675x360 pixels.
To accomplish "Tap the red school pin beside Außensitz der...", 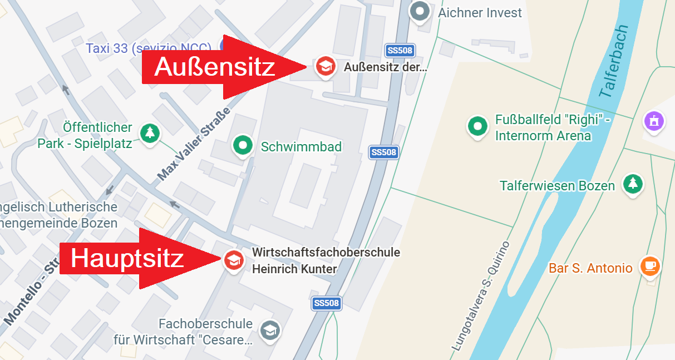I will (x=324, y=66).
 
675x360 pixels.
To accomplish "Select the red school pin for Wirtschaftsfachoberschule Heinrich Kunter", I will (x=233, y=260).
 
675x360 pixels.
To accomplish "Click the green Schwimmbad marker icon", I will (x=242, y=146).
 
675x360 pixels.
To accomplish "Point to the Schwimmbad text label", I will (x=301, y=147).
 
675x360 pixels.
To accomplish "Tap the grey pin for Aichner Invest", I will (x=420, y=12).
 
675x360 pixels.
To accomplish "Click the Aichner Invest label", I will (x=480, y=12).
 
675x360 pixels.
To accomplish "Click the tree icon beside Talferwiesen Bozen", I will (x=632, y=184).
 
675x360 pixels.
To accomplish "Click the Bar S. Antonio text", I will (x=590, y=268).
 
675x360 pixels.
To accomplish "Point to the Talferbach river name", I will (x=614, y=61).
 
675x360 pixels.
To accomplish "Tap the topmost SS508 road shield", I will (x=399, y=51).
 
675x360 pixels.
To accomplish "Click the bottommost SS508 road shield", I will (x=326, y=303).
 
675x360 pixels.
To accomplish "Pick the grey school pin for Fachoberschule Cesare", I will (x=270, y=330).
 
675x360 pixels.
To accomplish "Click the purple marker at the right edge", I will (x=654, y=121).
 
